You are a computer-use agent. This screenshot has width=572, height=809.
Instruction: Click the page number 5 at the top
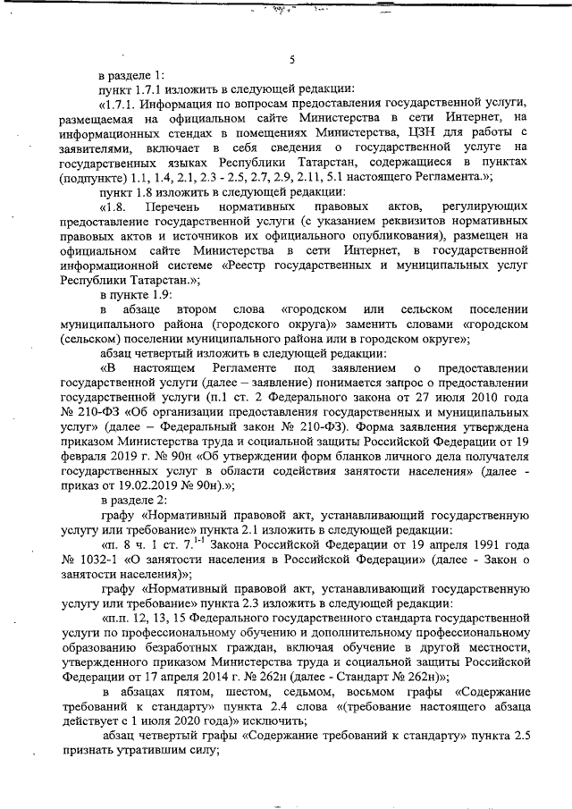(x=292, y=60)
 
